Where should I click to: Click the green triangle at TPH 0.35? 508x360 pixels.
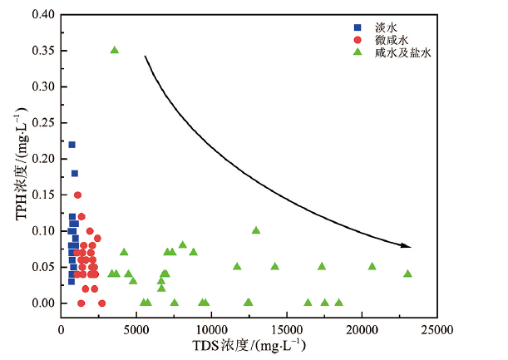[x=115, y=51]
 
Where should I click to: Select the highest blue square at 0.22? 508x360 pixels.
[x=72, y=145]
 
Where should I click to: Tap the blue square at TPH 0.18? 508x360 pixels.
[x=75, y=174]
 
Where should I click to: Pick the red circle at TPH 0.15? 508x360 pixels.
[x=78, y=195]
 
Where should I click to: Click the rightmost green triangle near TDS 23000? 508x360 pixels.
[x=407, y=274]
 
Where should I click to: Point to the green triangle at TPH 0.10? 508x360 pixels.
[x=256, y=230]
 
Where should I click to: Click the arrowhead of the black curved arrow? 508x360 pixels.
[x=407, y=245]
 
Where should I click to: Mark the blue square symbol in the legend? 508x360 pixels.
[x=358, y=27]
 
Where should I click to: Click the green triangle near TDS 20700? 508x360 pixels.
[x=372, y=267]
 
